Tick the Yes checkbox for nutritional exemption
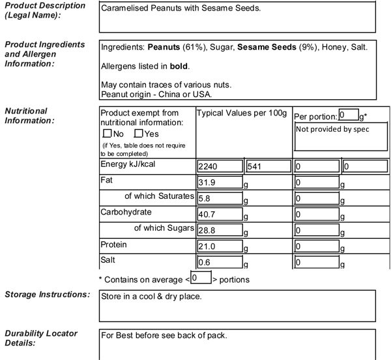coord(138,134)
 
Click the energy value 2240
coord(220,166)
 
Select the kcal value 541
coord(267,166)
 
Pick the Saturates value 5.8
coord(220,198)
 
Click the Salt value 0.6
coord(220,263)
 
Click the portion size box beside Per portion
coord(348,115)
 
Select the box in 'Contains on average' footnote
coord(201,278)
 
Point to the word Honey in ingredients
coord(332,48)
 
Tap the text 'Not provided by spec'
coord(332,128)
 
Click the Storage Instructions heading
coord(46,295)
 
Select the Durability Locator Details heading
coord(41,338)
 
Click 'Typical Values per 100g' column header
coord(242,113)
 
